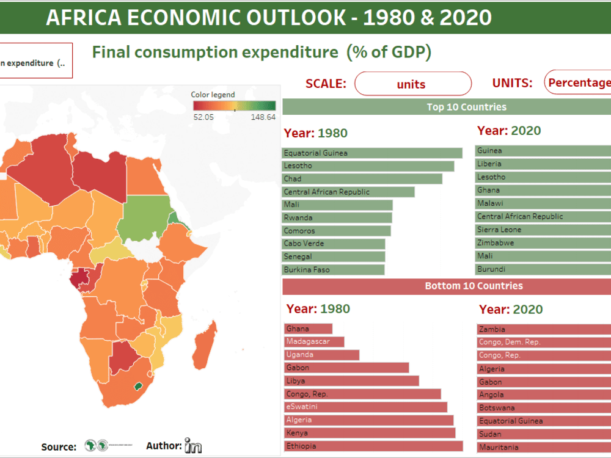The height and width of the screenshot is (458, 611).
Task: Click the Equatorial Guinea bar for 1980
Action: tap(372, 153)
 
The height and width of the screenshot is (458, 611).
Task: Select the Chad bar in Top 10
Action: tap(362, 179)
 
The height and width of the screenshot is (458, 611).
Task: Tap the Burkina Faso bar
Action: tap(333, 269)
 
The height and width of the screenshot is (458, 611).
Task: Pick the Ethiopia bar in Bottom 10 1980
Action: tap(373, 446)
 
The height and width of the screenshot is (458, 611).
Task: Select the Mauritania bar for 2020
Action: tap(544, 447)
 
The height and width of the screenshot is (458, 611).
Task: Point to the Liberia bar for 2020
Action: tap(544, 164)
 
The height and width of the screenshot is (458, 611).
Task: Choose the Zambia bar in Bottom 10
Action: tap(544, 329)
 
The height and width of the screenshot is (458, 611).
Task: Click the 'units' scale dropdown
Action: tap(412, 84)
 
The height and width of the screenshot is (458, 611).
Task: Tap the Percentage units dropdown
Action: tap(577, 83)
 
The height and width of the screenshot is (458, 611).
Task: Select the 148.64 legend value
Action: tap(263, 117)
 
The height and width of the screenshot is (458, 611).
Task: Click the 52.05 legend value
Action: tap(203, 117)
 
